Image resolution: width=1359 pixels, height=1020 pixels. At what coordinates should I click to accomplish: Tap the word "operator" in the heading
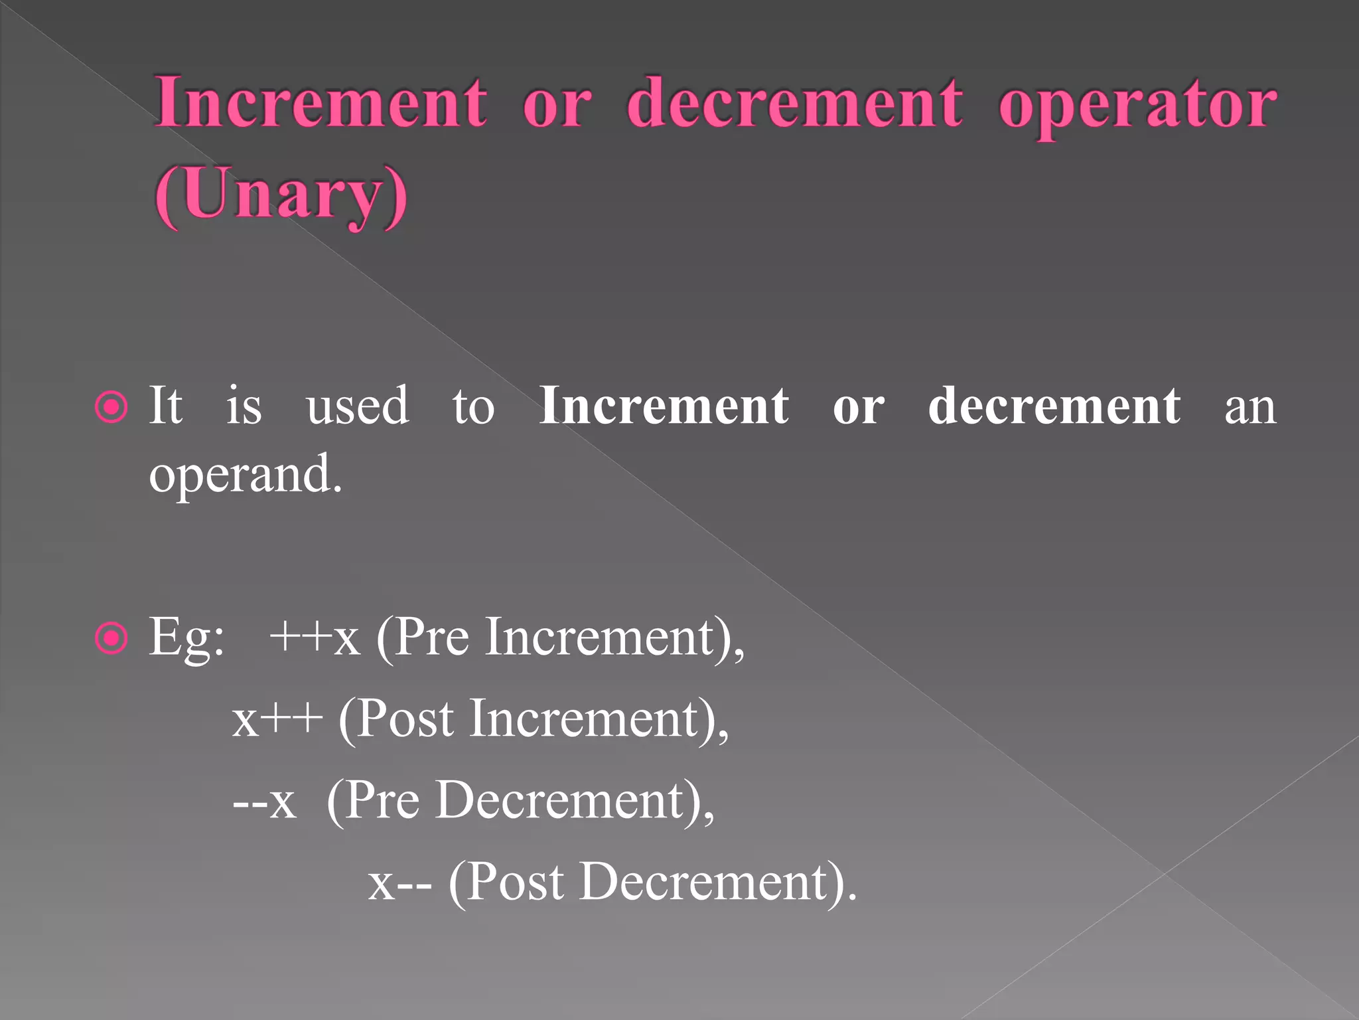pos(1137,105)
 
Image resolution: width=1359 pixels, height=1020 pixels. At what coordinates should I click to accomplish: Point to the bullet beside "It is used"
pos(111,407)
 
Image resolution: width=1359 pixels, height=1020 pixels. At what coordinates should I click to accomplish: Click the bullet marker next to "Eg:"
pos(111,639)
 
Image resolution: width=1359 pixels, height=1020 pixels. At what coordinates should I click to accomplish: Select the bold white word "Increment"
pos(664,406)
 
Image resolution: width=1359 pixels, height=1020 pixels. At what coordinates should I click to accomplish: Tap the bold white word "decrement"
pos(1054,406)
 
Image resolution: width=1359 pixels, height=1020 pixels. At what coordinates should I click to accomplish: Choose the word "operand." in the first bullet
pos(246,475)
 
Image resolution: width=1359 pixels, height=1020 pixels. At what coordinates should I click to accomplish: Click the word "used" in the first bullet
pos(358,406)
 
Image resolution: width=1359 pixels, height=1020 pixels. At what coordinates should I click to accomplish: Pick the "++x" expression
pos(315,637)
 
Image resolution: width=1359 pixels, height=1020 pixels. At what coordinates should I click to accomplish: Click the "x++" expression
pos(277,720)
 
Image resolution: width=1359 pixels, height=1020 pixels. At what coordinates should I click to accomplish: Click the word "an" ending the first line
pos(1250,407)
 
